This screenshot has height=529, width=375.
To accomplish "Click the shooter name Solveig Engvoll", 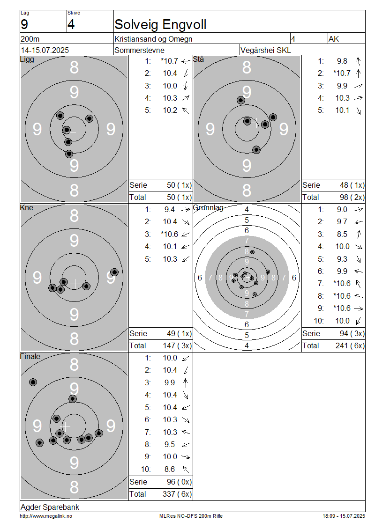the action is point(160,25).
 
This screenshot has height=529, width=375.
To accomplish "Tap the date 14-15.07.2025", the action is point(45,50).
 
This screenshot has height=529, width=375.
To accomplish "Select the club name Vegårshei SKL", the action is point(265,50).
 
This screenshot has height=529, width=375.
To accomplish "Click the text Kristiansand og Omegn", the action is point(153,39).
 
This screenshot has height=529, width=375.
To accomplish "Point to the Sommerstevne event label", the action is point(140,50).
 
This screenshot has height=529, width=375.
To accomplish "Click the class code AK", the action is point(333,39).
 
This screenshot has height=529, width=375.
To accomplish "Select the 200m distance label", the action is point(30,39).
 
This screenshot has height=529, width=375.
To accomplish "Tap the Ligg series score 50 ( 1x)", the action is point(179,185).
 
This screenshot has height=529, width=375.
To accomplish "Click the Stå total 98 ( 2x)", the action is point(352,198).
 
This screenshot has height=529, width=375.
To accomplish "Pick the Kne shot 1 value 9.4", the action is point(170,210).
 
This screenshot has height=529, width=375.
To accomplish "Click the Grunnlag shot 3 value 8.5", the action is point(342,234).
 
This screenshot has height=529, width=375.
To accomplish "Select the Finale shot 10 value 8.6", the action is point(170,469).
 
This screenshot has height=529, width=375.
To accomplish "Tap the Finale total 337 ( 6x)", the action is point(177,494).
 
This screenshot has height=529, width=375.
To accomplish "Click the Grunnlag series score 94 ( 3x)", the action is point(352,334).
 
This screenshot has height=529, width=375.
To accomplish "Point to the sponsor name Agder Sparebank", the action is point(50,507).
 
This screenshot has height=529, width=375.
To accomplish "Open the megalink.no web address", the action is point(46,516).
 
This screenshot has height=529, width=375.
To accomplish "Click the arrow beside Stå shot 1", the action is point(359,61).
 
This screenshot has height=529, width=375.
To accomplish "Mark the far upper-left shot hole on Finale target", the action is point(33,382).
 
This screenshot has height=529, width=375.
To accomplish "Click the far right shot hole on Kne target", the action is point(114,272).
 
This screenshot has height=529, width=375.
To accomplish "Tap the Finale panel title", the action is point(30,357).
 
